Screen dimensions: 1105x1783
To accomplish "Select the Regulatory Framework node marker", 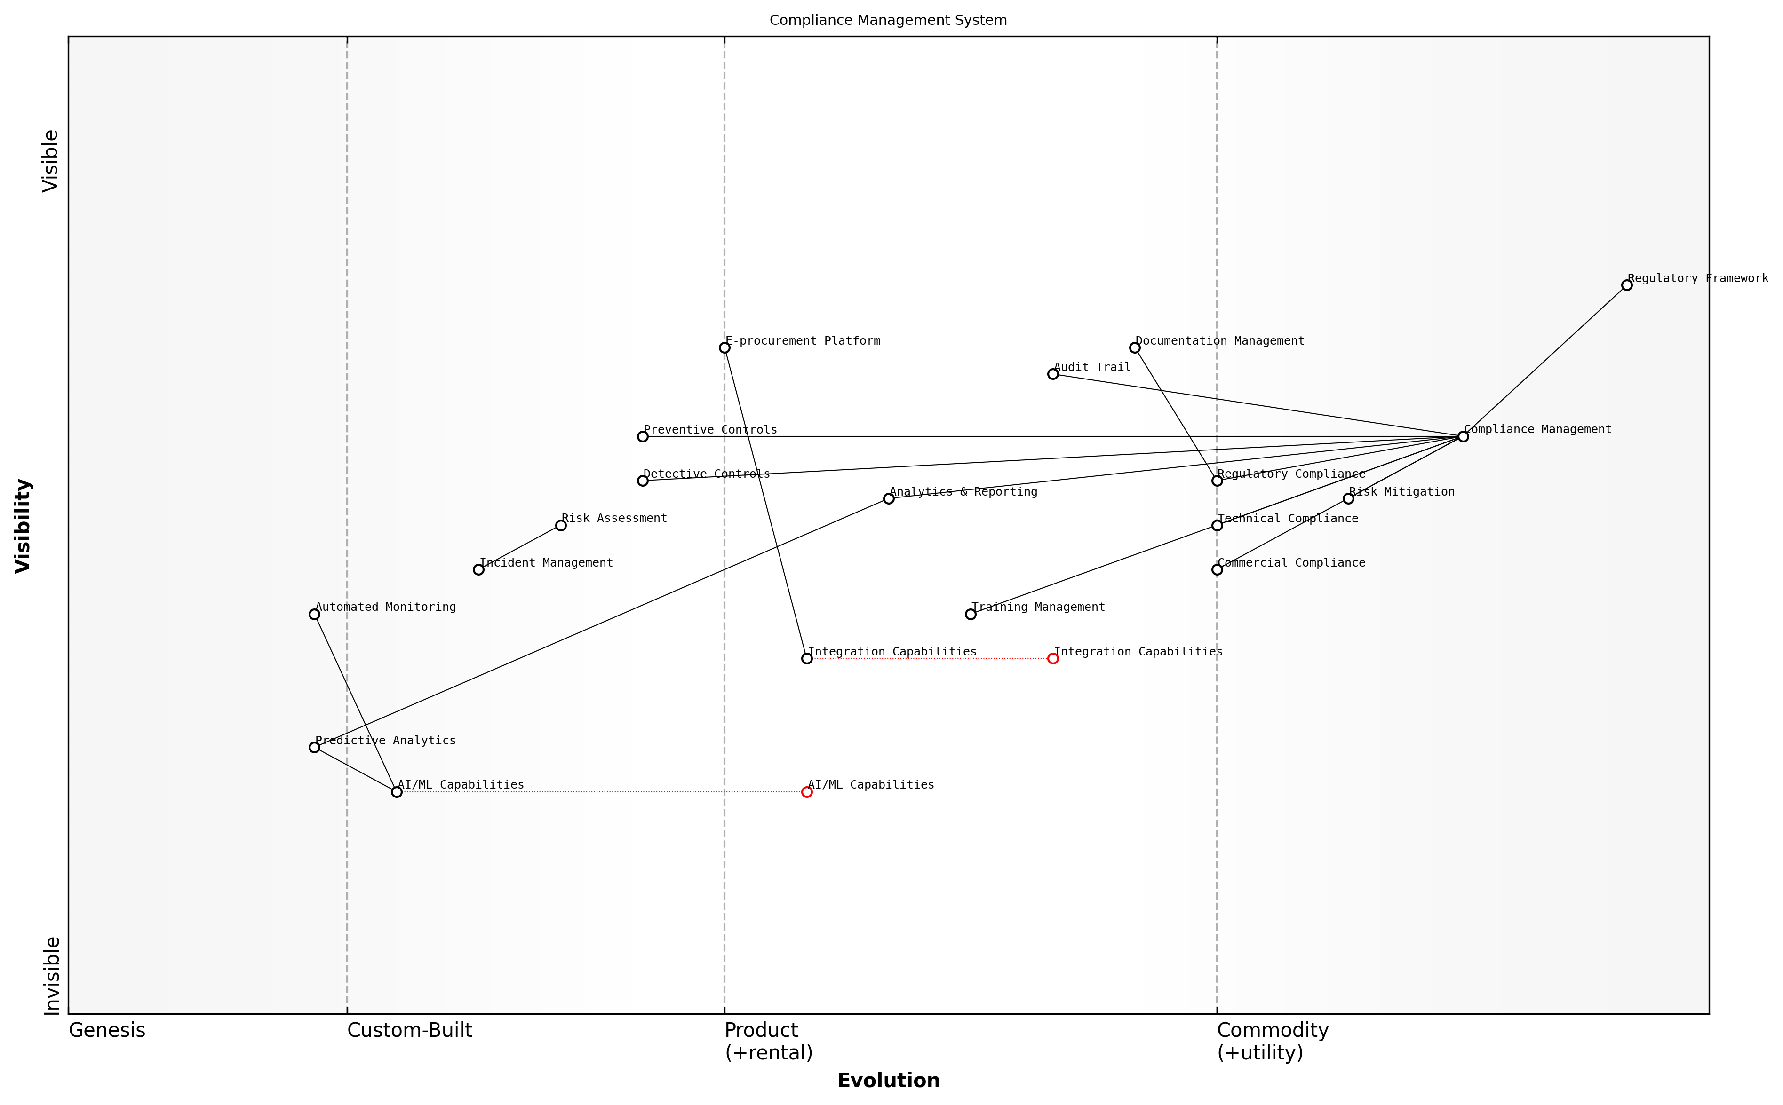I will coord(1626,285).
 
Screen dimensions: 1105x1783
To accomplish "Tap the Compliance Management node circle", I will coord(1463,436).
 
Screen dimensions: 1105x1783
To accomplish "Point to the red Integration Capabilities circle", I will coord(1053,658).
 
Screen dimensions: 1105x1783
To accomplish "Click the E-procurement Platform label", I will coord(802,340).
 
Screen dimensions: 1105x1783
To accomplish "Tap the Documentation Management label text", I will coord(1219,340).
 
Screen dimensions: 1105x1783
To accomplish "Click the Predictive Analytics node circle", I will coord(314,747).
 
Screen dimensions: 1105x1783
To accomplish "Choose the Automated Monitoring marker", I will coord(314,614).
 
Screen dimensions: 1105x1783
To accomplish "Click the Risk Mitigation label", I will coord(1401,492).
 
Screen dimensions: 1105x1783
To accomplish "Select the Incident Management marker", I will coord(478,569).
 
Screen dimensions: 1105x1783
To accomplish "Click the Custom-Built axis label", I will coord(409,1030).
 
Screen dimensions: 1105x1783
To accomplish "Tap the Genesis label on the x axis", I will coord(107,1030).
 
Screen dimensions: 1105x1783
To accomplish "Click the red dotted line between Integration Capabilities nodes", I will coord(928,658).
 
